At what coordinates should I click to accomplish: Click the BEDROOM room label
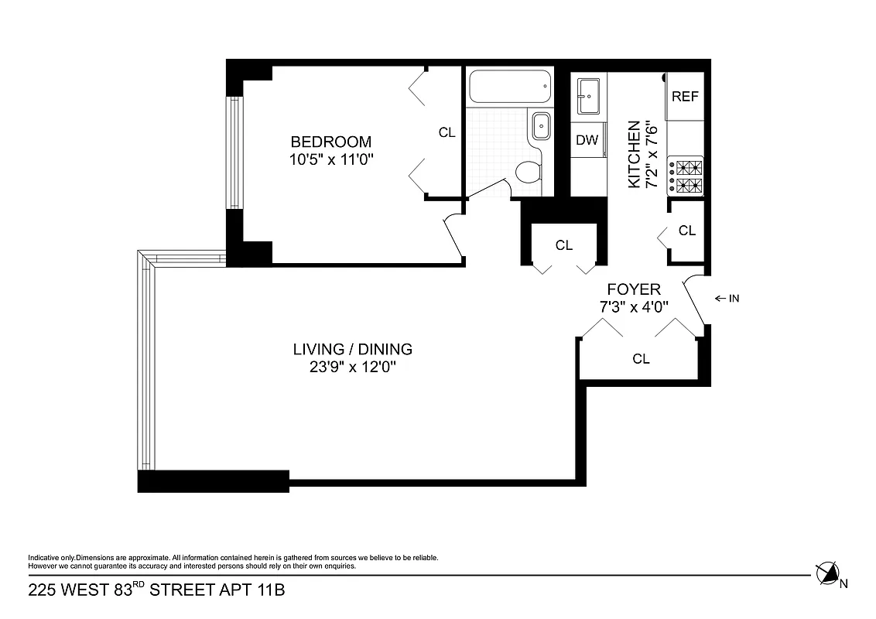[330, 142]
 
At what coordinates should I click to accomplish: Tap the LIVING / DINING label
[352, 349]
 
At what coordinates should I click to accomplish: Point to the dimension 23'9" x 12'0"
[352, 367]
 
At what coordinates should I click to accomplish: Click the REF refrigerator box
[685, 97]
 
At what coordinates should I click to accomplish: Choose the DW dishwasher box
[587, 140]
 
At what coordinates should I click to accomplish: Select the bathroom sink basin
[539, 123]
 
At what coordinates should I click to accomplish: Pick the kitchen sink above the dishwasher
[587, 96]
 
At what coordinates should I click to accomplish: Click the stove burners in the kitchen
[687, 176]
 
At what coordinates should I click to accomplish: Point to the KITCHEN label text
[634, 154]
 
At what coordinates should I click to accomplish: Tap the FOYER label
[634, 289]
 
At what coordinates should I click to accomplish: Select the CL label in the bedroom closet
[447, 132]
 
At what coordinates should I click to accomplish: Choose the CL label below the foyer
[641, 358]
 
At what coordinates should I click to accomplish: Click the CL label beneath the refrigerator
[686, 231]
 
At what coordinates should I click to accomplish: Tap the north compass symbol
[827, 573]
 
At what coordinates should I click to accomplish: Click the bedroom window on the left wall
[234, 152]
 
